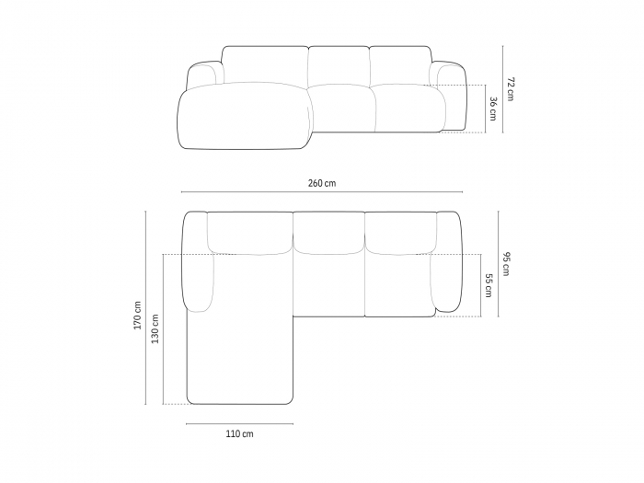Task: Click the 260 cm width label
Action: tap(322, 183)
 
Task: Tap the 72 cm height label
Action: tap(510, 88)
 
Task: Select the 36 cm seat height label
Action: tap(493, 109)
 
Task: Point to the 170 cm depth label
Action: tap(137, 316)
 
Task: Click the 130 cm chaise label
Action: tap(155, 328)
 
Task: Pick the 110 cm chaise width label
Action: tap(239, 433)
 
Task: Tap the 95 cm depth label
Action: tap(505, 264)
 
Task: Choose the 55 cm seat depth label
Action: tap(488, 285)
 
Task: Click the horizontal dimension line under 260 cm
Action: tap(322, 191)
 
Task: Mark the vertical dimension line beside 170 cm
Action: tap(145, 307)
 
